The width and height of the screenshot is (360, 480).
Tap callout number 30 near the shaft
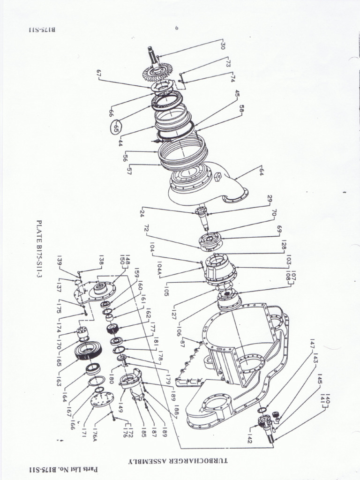223,46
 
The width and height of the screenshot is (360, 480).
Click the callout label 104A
158,268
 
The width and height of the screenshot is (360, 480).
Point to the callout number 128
283,246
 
